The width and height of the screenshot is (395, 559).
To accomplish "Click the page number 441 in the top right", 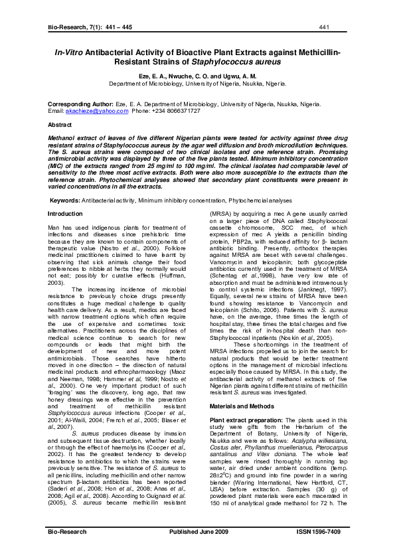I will point(324,27).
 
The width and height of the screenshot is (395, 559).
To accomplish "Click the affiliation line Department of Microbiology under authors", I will point(197,84).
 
